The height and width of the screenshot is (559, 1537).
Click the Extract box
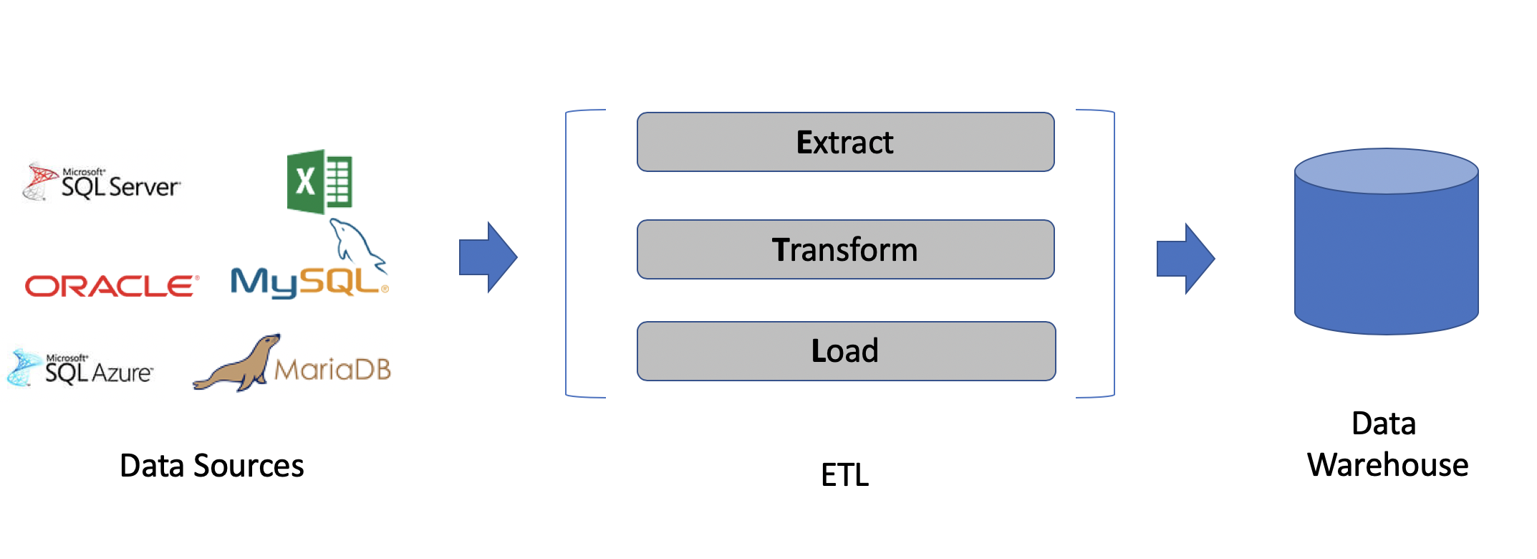click(845, 142)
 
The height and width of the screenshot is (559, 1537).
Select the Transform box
click(845, 249)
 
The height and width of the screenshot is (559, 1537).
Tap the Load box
click(845, 351)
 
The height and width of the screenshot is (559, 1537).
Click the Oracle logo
click(112, 286)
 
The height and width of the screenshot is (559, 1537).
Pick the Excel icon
click(319, 181)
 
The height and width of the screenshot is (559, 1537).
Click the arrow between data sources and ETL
click(488, 257)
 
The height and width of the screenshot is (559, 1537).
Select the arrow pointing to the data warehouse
click(1185, 259)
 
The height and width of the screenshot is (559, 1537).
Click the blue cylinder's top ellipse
click(1386, 171)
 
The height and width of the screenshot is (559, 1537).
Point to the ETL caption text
click(845, 475)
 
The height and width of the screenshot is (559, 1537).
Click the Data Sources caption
click(212, 466)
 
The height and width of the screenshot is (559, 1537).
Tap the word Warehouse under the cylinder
click(1387, 465)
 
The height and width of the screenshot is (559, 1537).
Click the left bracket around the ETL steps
click(567, 254)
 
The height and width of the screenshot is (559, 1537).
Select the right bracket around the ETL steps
click(1113, 254)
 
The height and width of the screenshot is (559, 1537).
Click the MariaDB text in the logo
click(333, 370)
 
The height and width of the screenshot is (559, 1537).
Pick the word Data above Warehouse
click(1383, 424)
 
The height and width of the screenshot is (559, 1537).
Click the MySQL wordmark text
click(304, 282)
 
